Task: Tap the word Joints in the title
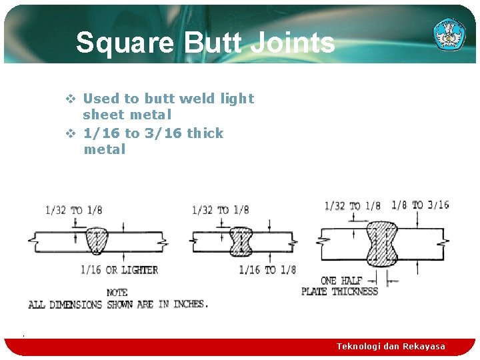pyautogui.click(x=296, y=43)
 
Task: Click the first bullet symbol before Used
pyautogui.click(x=70, y=99)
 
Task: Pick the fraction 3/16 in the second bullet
pyautogui.click(x=163, y=133)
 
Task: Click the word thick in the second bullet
pyautogui.click(x=205, y=133)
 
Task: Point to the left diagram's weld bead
pyautogui.click(x=97, y=240)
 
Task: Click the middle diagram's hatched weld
pyautogui.click(x=241, y=241)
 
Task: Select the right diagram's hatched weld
pyautogui.click(x=382, y=243)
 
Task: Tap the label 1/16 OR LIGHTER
pyautogui.click(x=119, y=270)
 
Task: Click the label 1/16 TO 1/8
pyautogui.click(x=267, y=269)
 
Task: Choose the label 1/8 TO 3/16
pyautogui.click(x=420, y=205)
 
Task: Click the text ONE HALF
pyautogui.click(x=341, y=281)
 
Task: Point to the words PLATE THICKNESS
pyautogui.click(x=339, y=291)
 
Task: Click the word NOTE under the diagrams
pyautogui.click(x=117, y=293)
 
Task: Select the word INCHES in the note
pyautogui.click(x=189, y=304)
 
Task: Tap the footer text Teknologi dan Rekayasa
pyautogui.click(x=391, y=347)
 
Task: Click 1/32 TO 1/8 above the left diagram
pyautogui.click(x=73, y=210)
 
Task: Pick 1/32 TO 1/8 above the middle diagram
pyautogui.click(x=220, y=210)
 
